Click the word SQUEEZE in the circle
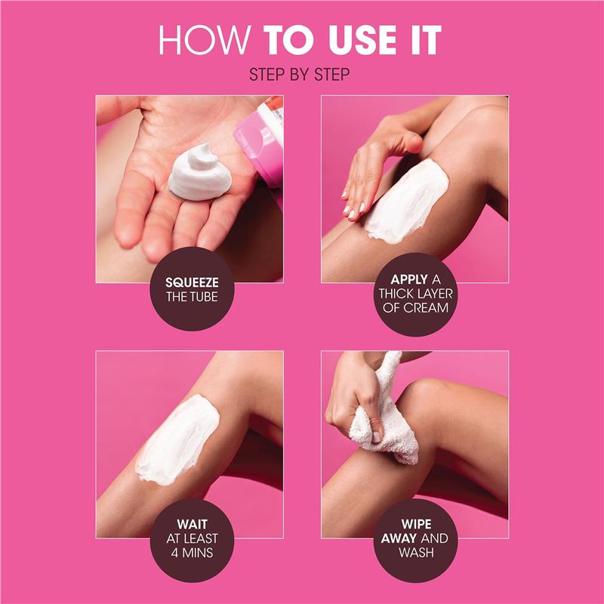[x=192, y=282]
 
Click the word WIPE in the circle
[x=414, y=522]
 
